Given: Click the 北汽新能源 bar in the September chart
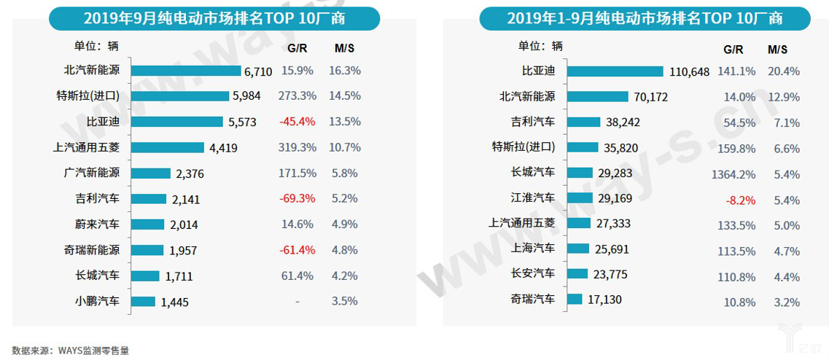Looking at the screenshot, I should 186,71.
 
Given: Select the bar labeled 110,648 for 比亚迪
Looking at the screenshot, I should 615,71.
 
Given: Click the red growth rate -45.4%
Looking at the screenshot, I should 297,122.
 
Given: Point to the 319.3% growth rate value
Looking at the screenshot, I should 297,147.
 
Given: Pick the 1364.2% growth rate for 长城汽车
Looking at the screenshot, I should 733,173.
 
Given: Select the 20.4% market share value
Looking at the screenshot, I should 784,71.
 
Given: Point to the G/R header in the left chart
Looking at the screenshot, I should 297,48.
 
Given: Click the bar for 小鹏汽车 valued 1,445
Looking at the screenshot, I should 144,301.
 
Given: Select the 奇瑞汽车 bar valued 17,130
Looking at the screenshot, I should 575,300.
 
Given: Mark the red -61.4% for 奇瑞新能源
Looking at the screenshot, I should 297,250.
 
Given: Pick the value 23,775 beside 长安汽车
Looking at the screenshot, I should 610,275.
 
